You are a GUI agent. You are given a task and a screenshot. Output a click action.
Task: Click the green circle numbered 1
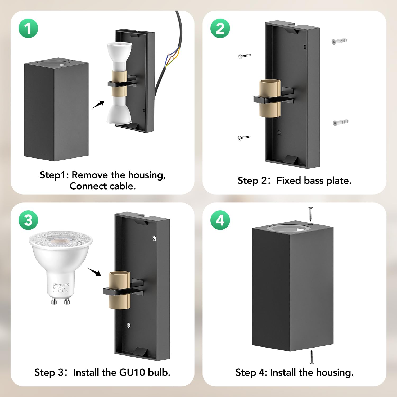(28, 28)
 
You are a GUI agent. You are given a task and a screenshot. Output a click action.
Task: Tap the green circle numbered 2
(220, 28)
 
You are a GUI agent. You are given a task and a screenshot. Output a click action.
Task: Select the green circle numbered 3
(28, 220)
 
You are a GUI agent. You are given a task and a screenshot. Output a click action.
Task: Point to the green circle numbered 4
(220, 220)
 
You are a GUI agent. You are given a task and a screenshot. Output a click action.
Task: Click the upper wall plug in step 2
(339, 41)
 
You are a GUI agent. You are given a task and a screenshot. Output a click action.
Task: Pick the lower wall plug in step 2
(341, 123)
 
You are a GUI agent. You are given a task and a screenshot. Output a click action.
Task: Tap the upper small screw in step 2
(245, 56)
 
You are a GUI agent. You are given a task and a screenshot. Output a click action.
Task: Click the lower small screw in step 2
(244, 137)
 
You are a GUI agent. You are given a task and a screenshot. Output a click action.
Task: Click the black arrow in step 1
(99, 104)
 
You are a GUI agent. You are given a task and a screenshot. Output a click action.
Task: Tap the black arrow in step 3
(94, 272)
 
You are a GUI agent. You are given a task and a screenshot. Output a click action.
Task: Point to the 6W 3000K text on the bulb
(61, 285)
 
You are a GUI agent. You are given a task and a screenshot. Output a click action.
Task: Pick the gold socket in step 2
(270, 98)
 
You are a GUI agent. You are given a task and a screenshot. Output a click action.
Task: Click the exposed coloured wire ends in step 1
(172, 57)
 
